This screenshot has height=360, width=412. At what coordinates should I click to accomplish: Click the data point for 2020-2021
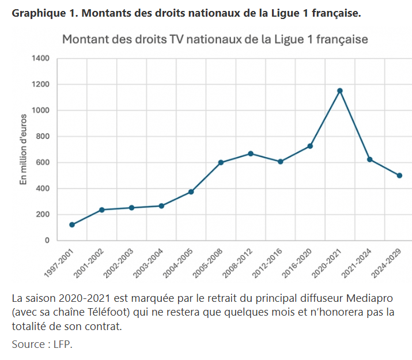(340, 90)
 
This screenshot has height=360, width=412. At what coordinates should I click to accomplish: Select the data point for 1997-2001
(72, 225)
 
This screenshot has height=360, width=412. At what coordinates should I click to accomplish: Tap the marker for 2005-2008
(221, 162)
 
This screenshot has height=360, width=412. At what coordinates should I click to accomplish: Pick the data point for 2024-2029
(399, 176)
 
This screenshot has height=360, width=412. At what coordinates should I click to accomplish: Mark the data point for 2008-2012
(251, 154)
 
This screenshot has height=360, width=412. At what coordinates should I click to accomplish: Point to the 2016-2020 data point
(310, 146)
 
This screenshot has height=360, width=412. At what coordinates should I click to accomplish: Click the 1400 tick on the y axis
(44, 59)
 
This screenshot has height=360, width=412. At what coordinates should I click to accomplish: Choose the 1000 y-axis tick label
(44, 111)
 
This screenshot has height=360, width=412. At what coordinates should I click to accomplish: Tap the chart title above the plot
(214, 40)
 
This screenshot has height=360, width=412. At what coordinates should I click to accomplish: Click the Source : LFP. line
(42, 344)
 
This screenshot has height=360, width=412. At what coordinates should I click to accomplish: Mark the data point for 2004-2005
(191, 192)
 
